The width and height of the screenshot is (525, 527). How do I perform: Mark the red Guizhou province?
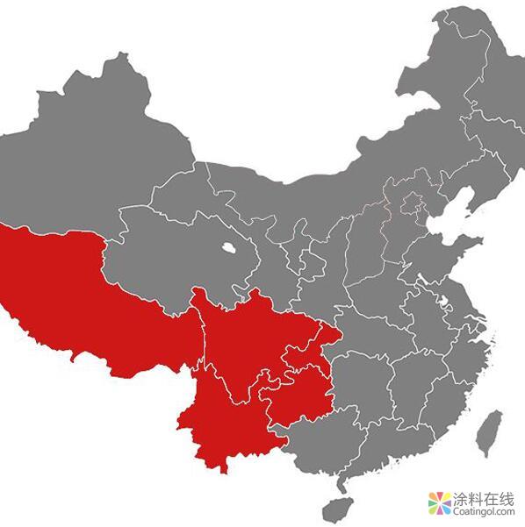pyautogui.click(x=298, y=395)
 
